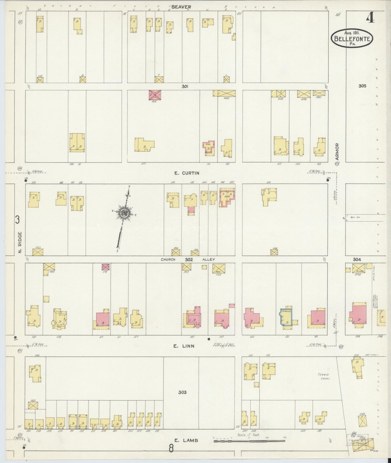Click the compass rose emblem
point(124,213)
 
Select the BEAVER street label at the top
point(181,7)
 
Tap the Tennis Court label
point(323,376)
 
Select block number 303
point(182,392)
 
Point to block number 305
point(362,86)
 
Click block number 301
point(185,86)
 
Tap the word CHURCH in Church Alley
point(168,259)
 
